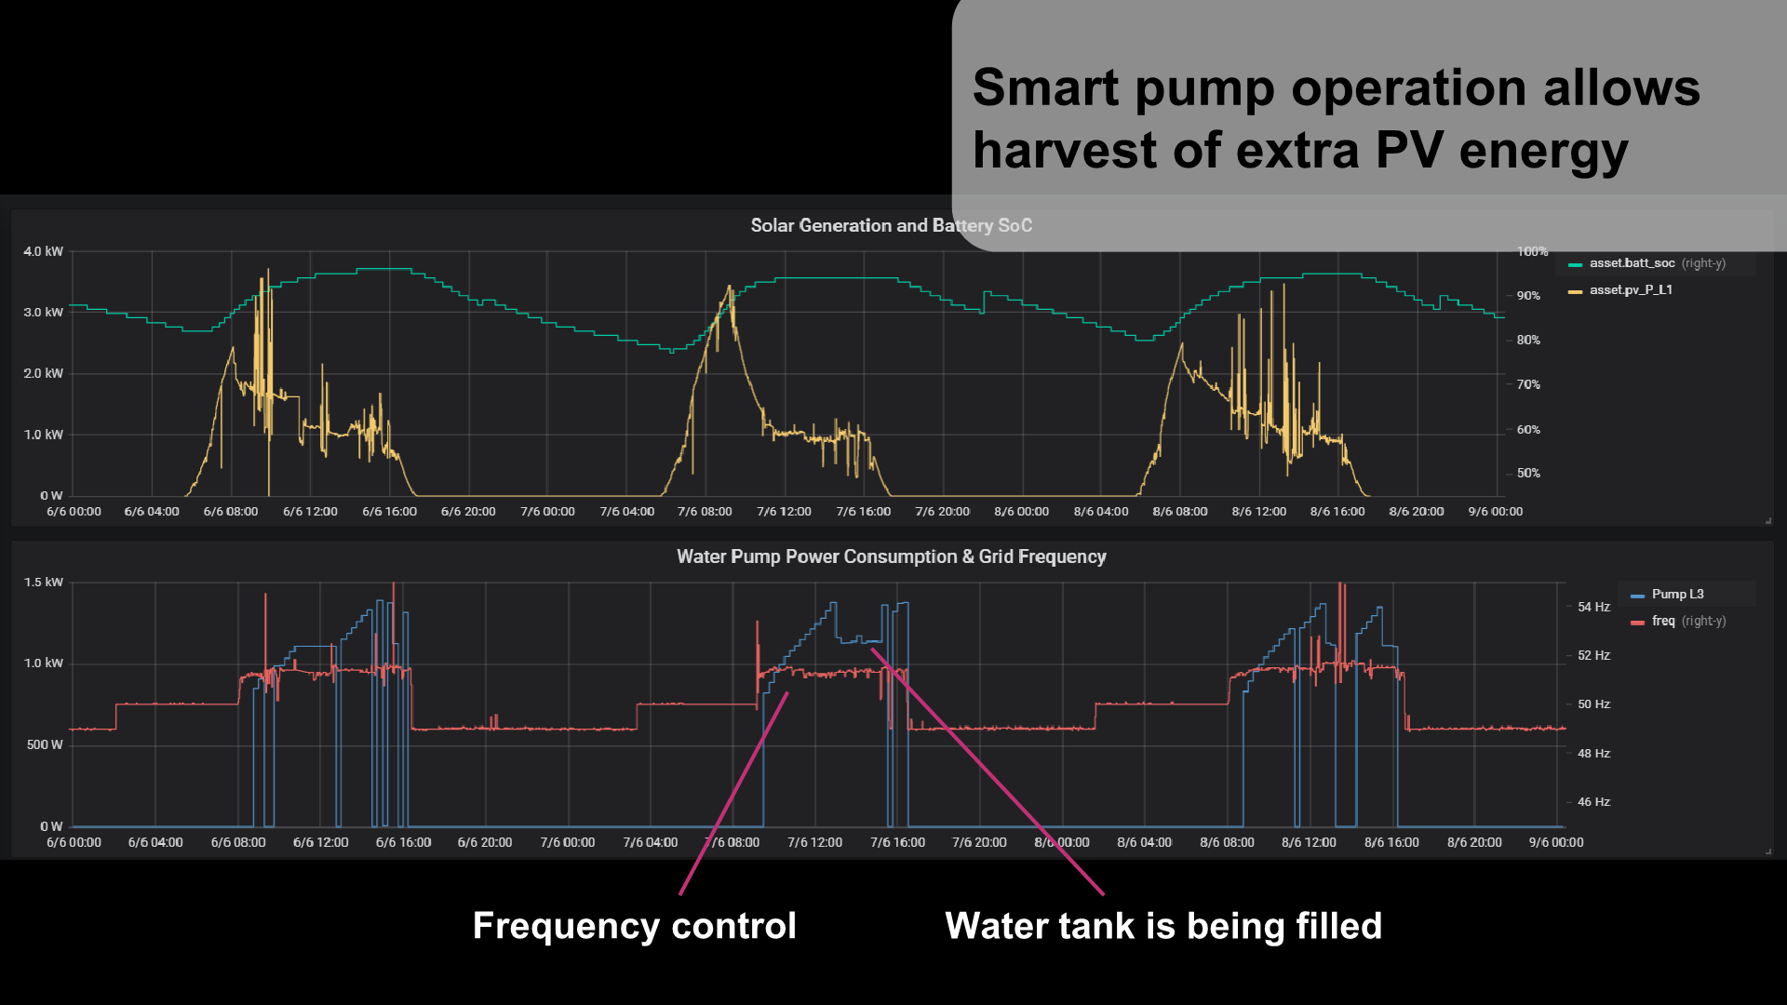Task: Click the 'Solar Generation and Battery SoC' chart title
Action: [891, 225]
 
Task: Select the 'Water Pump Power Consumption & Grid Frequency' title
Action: [891, 556]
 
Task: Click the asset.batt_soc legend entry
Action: [1631, 263]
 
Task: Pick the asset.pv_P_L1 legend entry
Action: [1630, 290]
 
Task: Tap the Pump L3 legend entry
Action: [1676, 595]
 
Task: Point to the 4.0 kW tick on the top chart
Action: [43, 251]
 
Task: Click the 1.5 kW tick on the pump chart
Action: [43, 583]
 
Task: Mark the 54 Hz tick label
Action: [1592, 607]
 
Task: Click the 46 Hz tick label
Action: [1592, 801]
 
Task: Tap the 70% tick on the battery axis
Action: [1527, 384]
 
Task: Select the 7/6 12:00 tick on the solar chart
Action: [784, 512]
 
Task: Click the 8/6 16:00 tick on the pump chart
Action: [1391, 842]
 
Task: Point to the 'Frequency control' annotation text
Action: [634, 926]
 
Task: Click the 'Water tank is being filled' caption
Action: [1162, 926]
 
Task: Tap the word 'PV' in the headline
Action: [1408, 151]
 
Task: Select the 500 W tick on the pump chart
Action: [45, 744]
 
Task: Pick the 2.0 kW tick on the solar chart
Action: [43, 373]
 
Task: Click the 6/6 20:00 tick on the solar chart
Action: [468, 512]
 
